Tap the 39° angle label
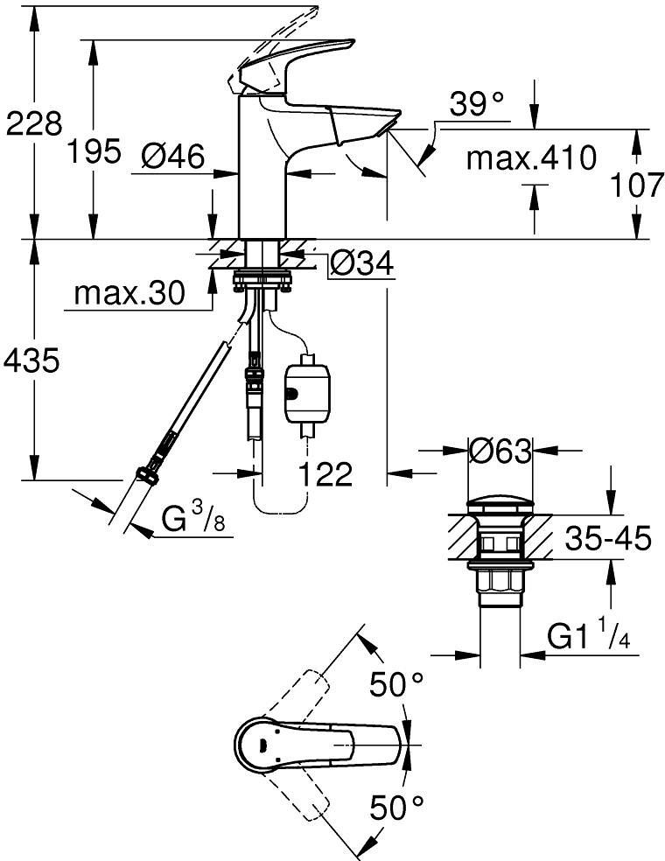point(478,105)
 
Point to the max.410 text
point(530,159)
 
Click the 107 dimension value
point(635,185)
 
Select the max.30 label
point(129,294)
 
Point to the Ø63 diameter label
point(500,451)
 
